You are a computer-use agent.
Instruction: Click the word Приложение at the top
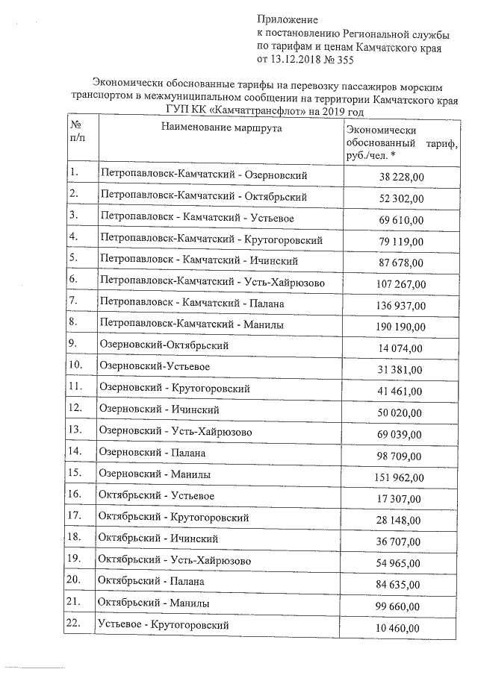[x=288, y=19]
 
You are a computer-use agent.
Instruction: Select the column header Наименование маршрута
[x=220, y=128]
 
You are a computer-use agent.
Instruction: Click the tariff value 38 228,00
[x=402, y=177]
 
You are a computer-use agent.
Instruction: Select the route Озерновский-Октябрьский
[x=164, y=345]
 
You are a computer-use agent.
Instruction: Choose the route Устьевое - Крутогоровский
[x=164, y=624]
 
